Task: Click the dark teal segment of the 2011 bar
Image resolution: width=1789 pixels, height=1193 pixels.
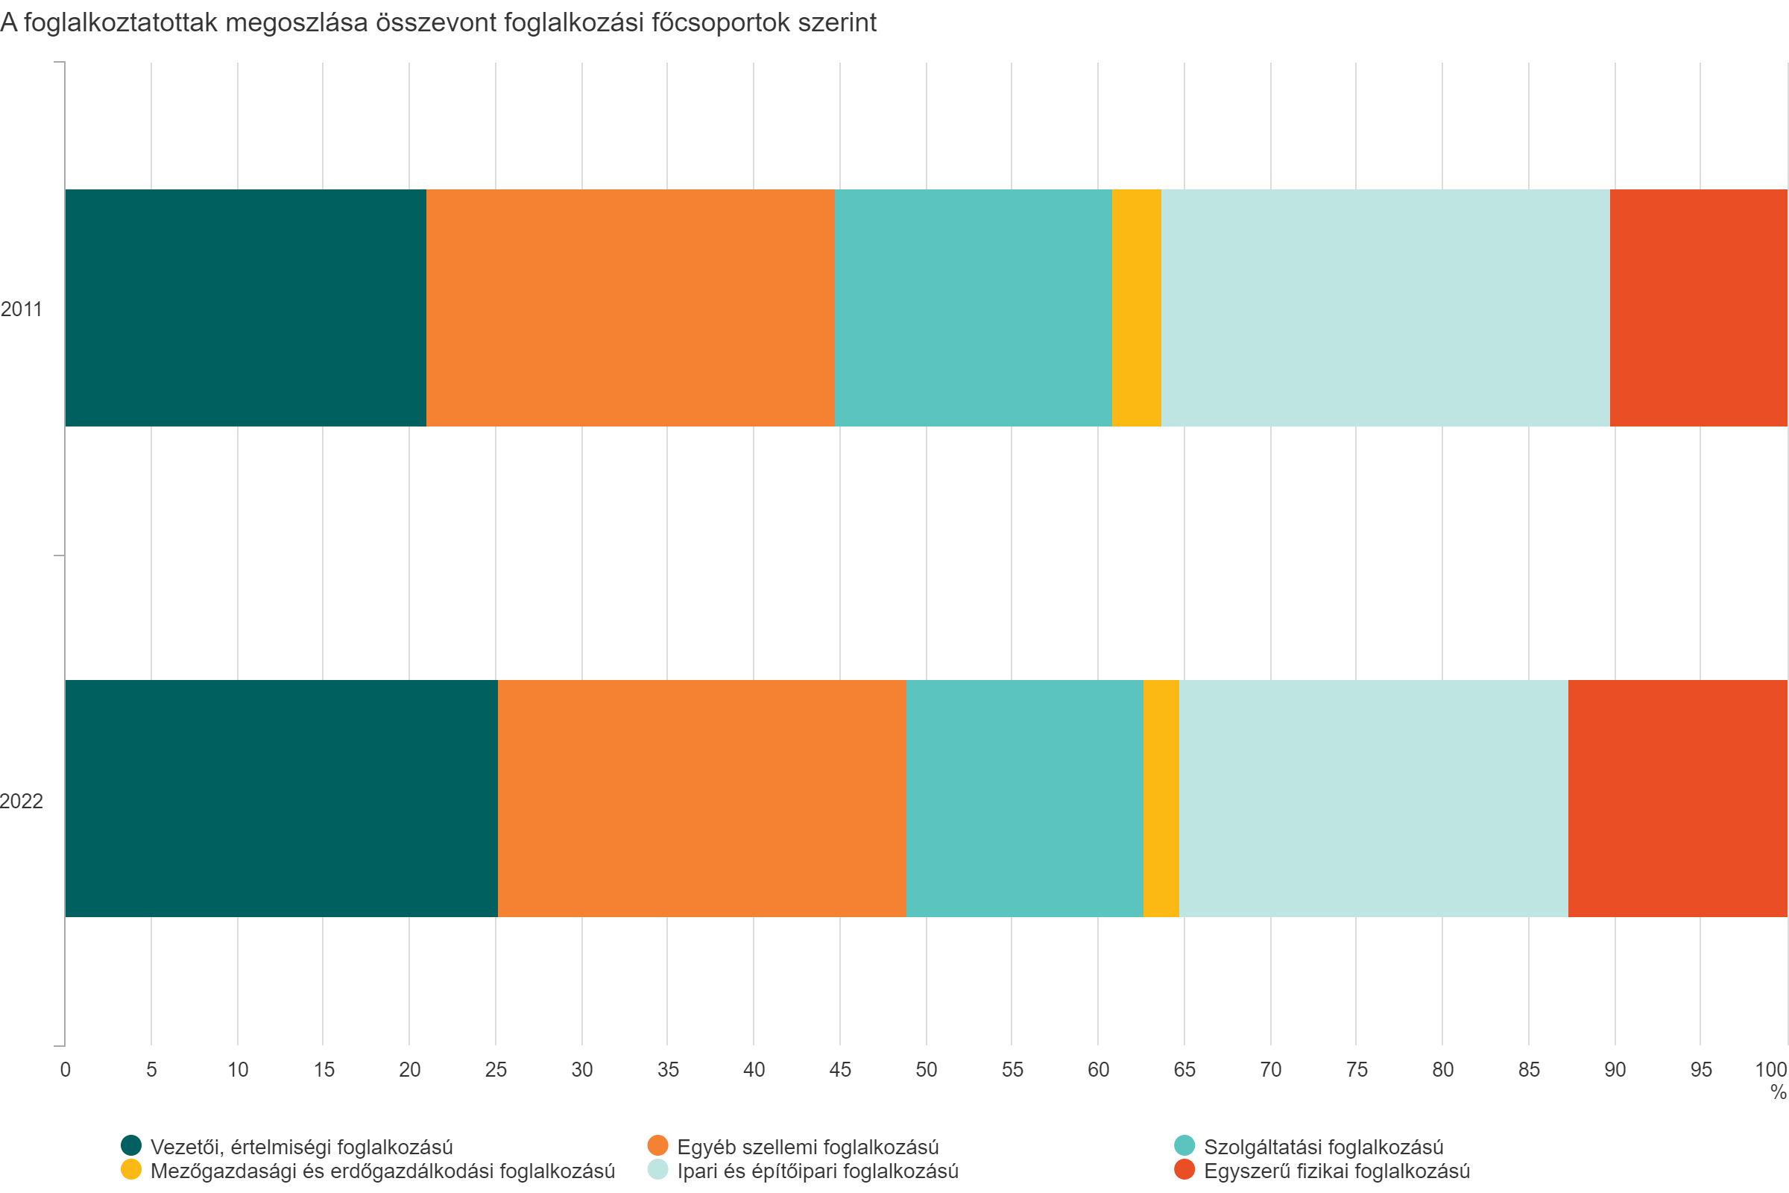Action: (x=245, y=307)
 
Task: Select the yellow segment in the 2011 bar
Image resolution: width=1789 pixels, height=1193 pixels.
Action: (x=1136, y=307)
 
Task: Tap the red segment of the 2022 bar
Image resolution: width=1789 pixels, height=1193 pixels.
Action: (x=1677, y=798)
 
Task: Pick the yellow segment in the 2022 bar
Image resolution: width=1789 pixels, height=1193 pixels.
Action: (x=1161, y=798)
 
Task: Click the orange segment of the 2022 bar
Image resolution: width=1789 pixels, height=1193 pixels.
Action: (x=701, y=798)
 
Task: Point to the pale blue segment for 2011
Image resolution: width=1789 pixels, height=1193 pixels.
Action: (x=1385, y=307)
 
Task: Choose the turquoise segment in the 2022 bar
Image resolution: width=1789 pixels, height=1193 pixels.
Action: (x=1023, y=798)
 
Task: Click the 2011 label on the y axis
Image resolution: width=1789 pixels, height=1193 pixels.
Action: (x=22, y=309)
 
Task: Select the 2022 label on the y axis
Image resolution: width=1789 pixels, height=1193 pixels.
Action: (x=22, y=801)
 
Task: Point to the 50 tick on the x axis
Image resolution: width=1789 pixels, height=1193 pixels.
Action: (x=926, y=1070)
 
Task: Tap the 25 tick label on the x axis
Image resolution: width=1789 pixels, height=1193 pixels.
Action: (x=495, y=1070)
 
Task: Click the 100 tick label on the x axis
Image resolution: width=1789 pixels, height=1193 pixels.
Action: (x=1771, y=1070)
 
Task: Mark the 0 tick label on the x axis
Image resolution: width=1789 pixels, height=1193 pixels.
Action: (x=66, y=1070)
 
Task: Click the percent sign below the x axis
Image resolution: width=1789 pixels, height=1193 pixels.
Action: (x=1778, y=1092)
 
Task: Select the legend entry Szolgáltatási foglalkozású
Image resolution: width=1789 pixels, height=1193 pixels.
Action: (x=1324, y=1147)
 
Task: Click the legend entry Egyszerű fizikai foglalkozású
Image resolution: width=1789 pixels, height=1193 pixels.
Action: (x=1337, y=1171)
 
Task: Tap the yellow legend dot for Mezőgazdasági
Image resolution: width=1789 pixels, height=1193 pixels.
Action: (x=132, y=1169)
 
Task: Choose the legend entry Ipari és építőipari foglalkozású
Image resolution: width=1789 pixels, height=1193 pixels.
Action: (x=818, y=1171)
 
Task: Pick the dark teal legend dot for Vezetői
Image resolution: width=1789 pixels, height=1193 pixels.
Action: (x=132, y=1145)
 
